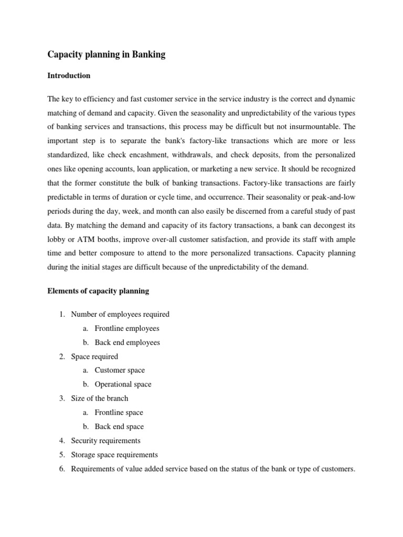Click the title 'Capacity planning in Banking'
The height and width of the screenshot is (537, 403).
pyautogui.click(x=107, y=55)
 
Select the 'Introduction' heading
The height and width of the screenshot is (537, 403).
pyautogui.click(x=69, y=76)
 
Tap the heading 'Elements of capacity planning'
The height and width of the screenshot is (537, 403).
pyautogui.click(x=98, y=291)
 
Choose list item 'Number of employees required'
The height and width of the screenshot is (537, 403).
pyautogui.click(x=120, y=314)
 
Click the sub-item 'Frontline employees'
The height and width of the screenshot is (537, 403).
pyautogui.click(x=126, y=328)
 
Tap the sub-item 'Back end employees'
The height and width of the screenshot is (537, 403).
pyautogui.click(x=127, y=342)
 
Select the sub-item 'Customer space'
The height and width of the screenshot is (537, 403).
pyautogui.click(x=120, y=370)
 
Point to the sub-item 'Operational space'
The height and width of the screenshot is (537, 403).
pyautogui.click(x=123, y=384)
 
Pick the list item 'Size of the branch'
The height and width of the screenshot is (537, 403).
pyautogui.click(x=99, y=398)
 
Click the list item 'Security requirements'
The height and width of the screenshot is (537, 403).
pyautogui.click(x=105, y=441)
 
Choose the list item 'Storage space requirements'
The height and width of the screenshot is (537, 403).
pyautogui.click(x=114, y=455)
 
